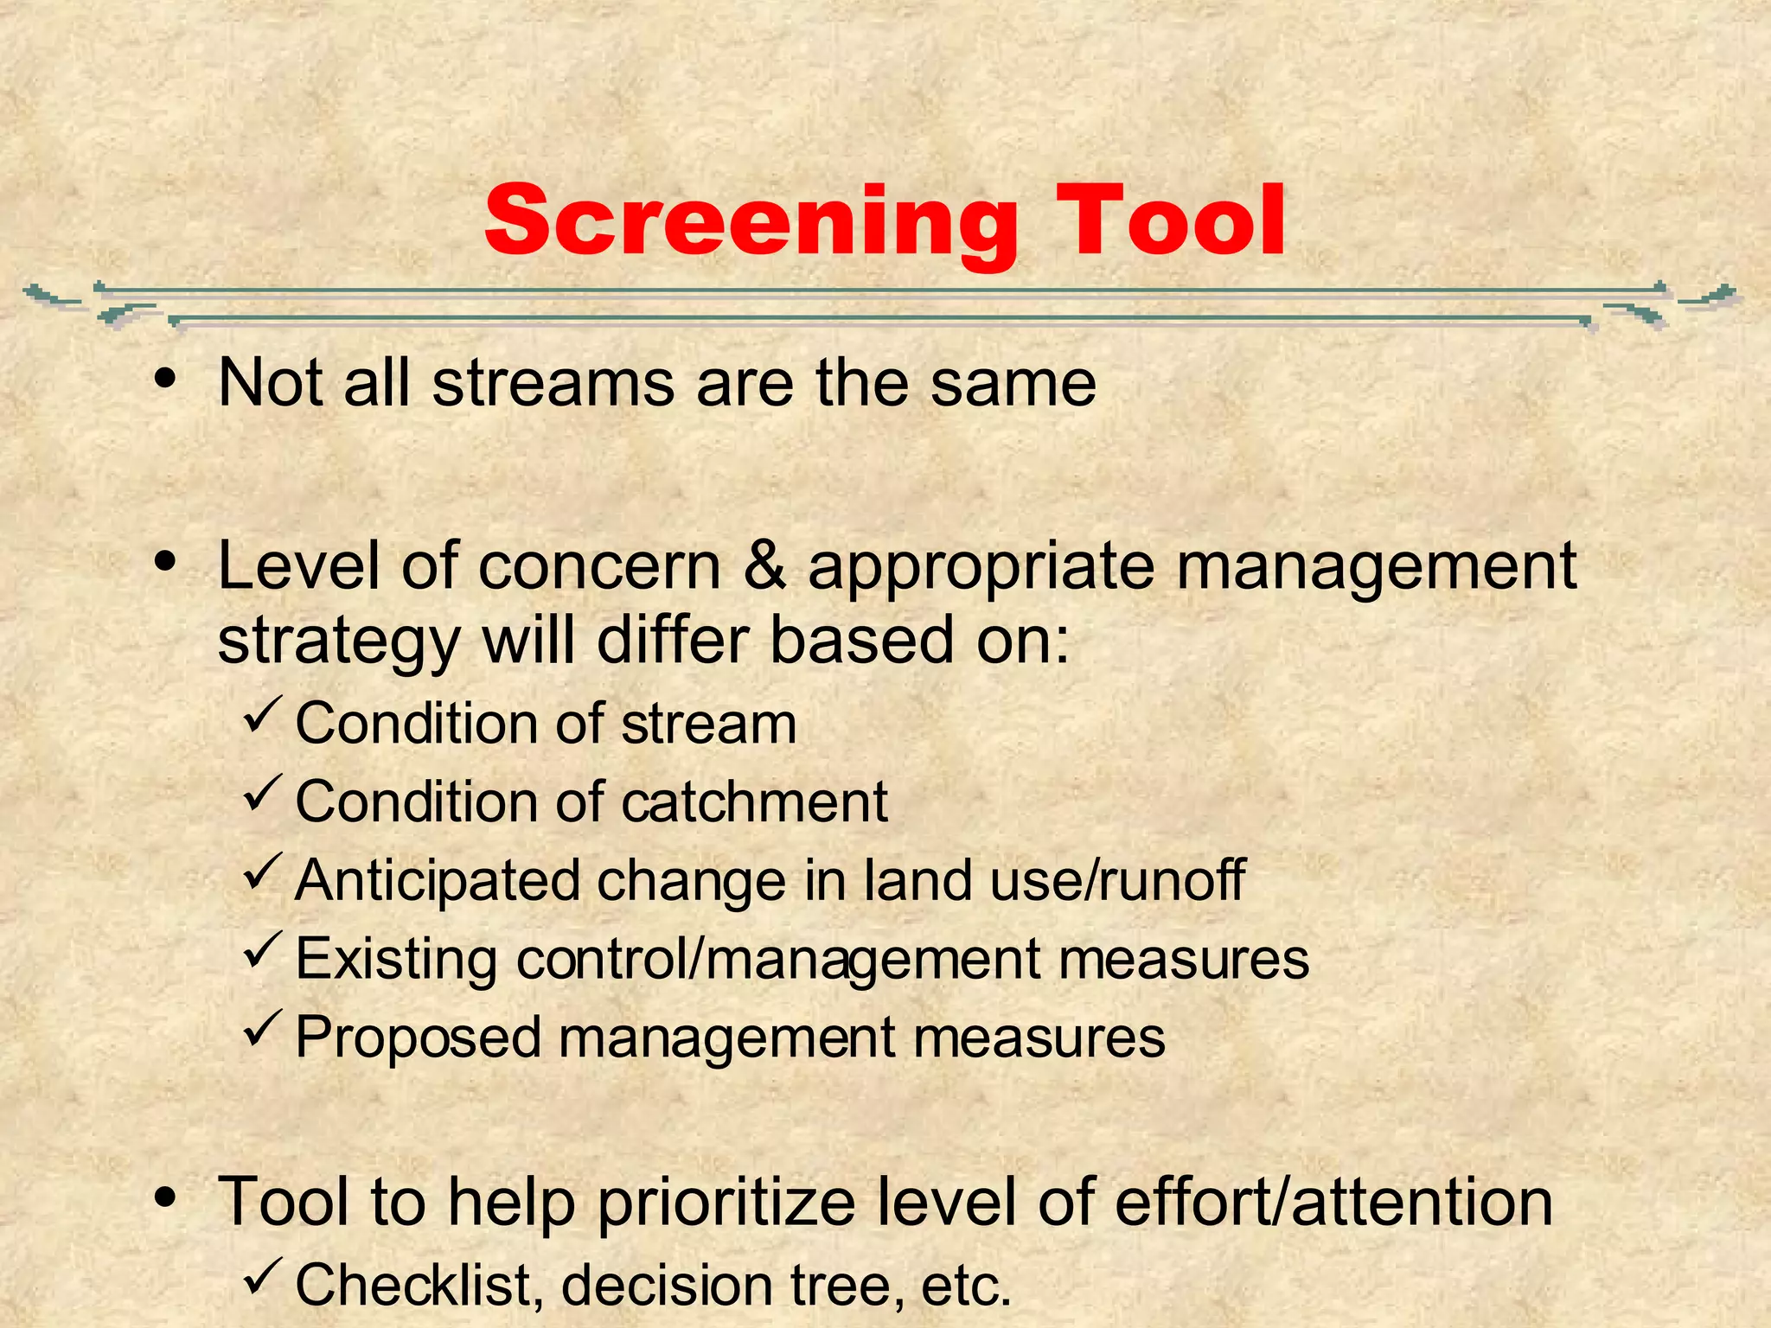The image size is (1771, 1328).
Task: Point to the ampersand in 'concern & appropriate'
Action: coord(764,566)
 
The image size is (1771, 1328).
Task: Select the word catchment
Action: coord(754,801)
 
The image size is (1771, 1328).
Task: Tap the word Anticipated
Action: coord(437,880)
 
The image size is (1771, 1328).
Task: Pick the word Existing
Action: coord(396,960)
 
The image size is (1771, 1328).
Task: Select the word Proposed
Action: coord(418,1037)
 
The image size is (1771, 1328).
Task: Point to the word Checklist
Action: coord(412,1285)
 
